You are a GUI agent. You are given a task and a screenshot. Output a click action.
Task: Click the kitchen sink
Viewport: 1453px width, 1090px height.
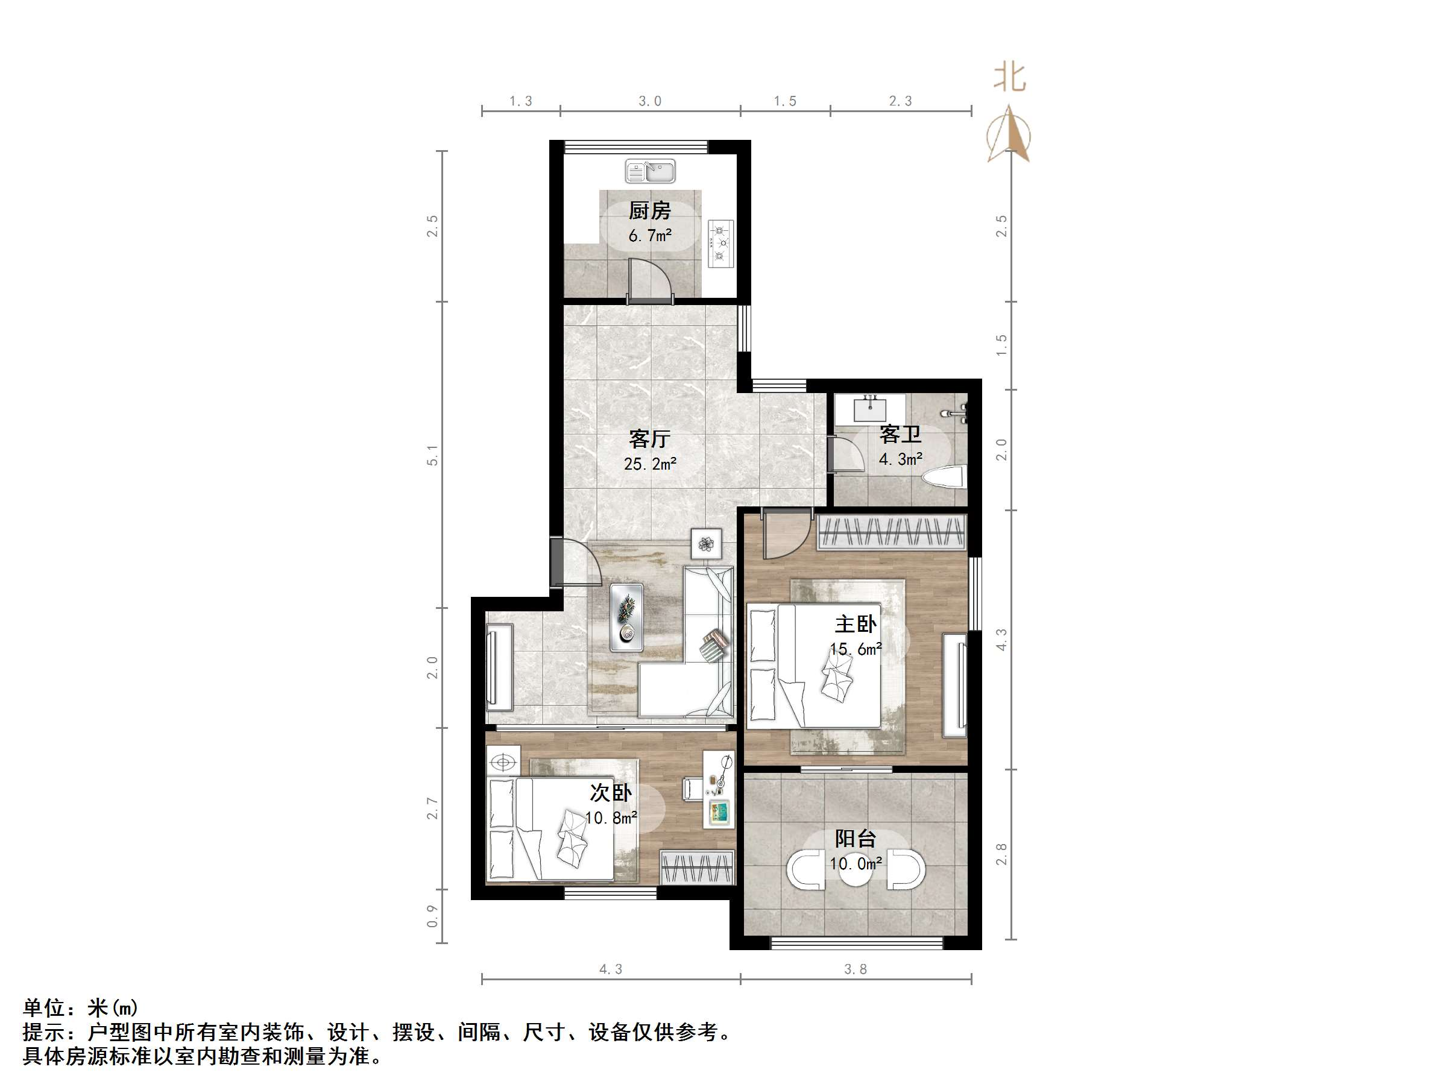(x=650, y=171)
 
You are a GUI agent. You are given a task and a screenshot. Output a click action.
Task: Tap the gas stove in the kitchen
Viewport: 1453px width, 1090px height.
(x=720, y=243)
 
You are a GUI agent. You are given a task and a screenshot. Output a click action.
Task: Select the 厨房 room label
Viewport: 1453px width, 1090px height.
(x=650, y=211)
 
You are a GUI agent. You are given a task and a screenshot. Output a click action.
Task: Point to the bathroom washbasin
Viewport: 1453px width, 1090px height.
(x=871, y=409)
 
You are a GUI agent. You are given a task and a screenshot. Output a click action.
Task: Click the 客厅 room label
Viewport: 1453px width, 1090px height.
(x=650, y=438)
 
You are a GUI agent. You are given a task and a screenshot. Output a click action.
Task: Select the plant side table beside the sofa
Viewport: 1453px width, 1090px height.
(x=706, y=544)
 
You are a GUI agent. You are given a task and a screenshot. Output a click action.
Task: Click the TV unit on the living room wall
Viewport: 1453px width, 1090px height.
(x=499, y=667)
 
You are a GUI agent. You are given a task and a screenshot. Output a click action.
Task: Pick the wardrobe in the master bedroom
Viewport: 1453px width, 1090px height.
(x=891, y=532)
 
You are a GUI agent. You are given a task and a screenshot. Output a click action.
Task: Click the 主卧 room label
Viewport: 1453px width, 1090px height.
(x=856, y=623)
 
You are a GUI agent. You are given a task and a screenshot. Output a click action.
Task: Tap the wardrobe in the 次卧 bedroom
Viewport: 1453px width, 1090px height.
(x=696, y=868)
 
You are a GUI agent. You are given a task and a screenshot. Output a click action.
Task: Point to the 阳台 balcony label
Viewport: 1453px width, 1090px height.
(x=856, y=839)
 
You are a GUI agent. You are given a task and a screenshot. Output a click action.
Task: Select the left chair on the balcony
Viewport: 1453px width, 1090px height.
(x=806, y=870)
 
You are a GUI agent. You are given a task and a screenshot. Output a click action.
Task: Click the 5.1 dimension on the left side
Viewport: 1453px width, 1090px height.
(x=432, y=455)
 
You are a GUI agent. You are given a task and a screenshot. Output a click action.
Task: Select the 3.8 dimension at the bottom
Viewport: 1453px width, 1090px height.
(x=856, y=969)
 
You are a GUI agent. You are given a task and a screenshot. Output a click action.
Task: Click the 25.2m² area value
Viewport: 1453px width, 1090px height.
(x=650, y=464)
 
